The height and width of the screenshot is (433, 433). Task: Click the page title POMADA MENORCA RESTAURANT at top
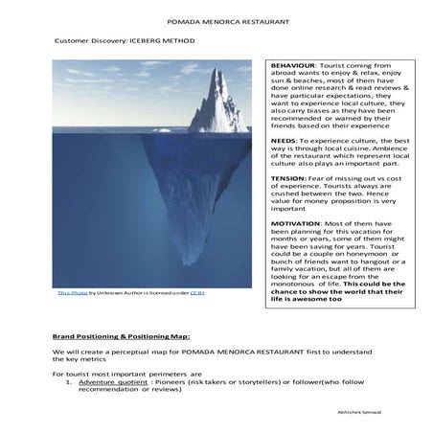[216, 19]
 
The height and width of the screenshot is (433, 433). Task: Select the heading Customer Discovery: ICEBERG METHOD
[116, 44]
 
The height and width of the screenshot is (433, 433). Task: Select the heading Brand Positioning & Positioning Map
[121, 337]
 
